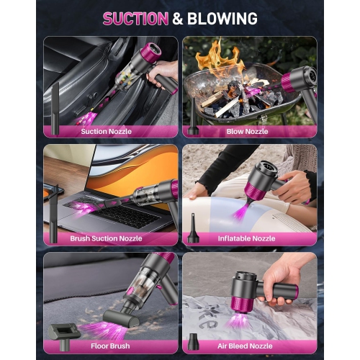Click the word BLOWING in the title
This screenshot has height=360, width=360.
coord(222,19)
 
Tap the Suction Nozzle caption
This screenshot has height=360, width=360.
coord(106,132)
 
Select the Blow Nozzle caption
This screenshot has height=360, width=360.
coord(248,132)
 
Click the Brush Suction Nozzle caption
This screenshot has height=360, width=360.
coord(106,238)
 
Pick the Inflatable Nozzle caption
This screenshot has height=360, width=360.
coord(246,238)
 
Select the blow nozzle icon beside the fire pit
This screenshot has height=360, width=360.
coord(193,119)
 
